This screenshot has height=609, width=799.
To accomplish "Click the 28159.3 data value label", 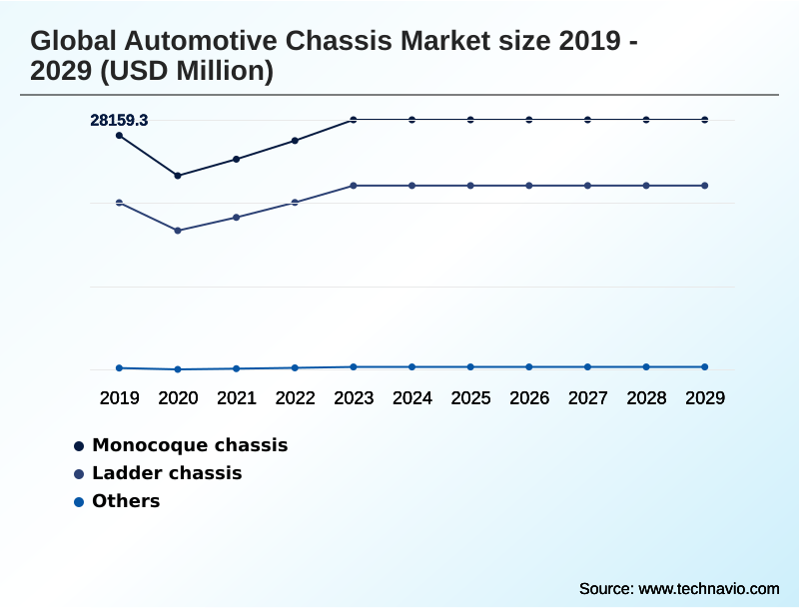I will tap(119, 120).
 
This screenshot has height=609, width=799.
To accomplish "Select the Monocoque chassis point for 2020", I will tap(178, 176).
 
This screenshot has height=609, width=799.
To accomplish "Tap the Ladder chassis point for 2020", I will tap(178, 231).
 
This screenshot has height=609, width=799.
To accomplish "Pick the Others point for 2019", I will tap(120, 368).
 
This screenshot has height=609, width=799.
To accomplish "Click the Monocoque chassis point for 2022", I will tap(295, 141).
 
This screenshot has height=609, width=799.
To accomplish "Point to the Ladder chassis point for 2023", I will tap(354, 186).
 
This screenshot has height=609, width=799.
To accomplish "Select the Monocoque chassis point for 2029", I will tap(705, 120).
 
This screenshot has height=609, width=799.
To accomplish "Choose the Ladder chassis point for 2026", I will tap(529, 186).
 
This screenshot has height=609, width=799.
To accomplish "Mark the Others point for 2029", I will tap(705, 367).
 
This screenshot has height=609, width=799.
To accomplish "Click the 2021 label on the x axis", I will tap(237, 397).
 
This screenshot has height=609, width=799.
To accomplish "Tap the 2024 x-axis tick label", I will tap(412, 397).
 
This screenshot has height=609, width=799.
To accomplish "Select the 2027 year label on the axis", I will tap(588, 397).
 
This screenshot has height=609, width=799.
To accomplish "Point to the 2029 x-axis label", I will tap(705, 397).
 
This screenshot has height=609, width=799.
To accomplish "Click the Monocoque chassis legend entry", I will tap(190, 445).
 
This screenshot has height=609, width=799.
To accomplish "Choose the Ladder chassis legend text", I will tap(167, 473).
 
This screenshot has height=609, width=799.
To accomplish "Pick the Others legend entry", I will tap(126, 501).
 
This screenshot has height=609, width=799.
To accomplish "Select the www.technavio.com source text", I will tap(708, 589).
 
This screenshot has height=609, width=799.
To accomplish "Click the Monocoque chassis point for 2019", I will tap(120, 135).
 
